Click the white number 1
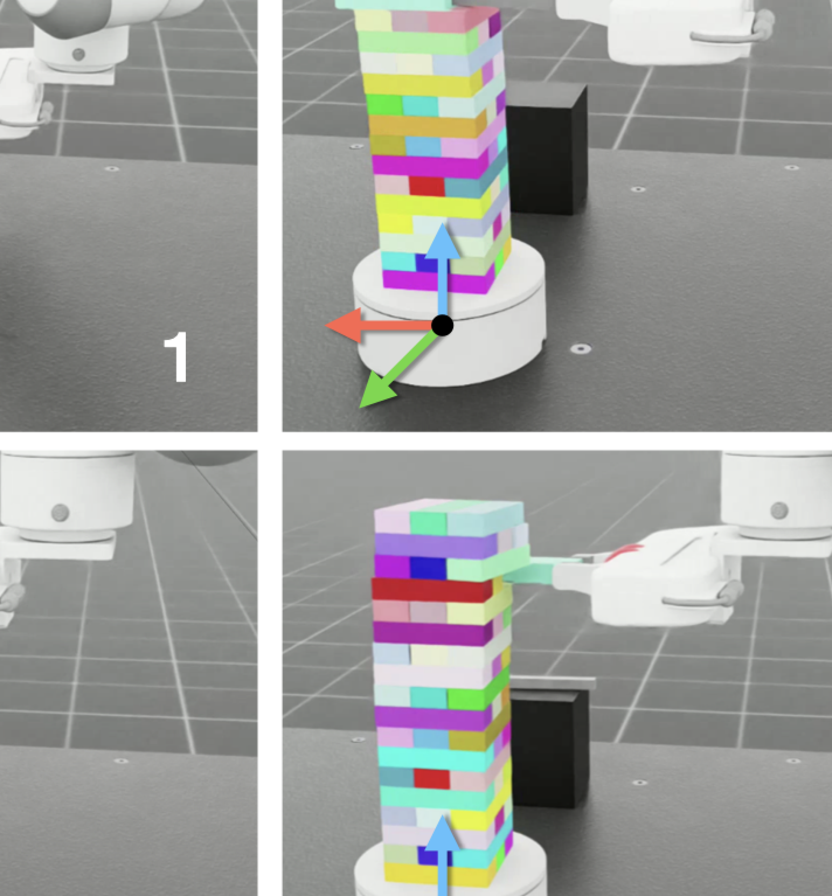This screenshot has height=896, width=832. (176, 357)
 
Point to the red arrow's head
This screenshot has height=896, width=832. (343, 325)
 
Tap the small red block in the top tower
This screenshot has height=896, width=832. (426, 186)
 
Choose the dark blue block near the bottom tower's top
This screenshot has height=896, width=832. (428, 568)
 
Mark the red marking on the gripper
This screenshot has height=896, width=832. (624, 553)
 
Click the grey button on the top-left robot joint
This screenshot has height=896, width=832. (78, 55)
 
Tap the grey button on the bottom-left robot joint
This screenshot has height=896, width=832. (60, 512)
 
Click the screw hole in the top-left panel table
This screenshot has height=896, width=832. (112, 169)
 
